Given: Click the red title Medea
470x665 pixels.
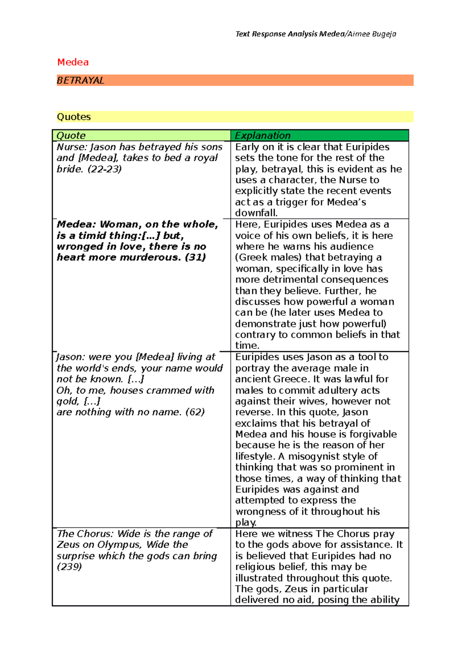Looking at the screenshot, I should (x=73, y=62).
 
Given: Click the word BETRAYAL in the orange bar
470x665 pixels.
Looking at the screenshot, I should (x=80, y=80).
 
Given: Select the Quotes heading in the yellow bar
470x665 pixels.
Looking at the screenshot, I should (x=74, y=117).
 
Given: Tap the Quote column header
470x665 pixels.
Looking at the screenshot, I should (x=71, y=136).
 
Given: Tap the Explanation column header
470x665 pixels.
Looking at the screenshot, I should (x=262, y=136).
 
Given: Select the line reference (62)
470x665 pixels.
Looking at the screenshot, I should (x=195, y=412).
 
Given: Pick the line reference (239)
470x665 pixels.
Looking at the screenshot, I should (x=69, y=567).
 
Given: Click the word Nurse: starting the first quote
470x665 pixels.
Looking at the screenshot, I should (x=72, y=147).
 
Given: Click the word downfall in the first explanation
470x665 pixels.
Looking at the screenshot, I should (x=256, y=213).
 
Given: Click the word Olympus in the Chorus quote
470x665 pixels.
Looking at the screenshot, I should (x=119, y=545).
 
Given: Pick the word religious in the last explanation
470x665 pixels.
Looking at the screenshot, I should (x=255, y=567).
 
